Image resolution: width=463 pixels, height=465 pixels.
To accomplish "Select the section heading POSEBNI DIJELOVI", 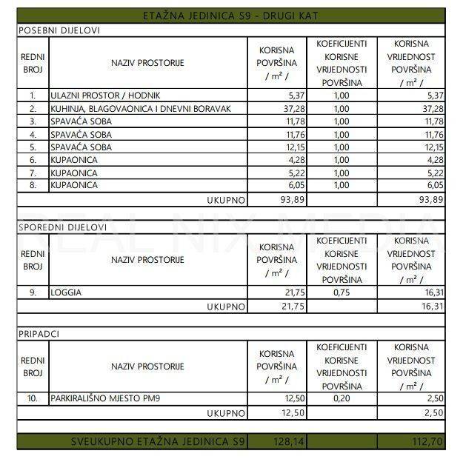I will tap(59, 30).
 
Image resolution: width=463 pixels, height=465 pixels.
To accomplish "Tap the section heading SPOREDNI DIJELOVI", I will tap(62, 227).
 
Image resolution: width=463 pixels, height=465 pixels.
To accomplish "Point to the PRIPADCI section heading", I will tap(39, 334).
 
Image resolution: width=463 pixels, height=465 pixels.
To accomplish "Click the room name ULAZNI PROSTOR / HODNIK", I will tap(105, 96).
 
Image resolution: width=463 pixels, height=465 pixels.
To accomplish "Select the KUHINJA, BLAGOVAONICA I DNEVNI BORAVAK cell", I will tap(141, 109).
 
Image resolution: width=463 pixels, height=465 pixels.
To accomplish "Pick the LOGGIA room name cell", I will tap(66, 292).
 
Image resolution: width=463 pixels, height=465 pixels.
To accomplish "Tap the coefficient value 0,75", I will tap(342, 292).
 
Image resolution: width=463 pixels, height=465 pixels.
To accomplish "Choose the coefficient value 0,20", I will tap(342, 399).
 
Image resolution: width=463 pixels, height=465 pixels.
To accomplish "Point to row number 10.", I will tap(33, 399).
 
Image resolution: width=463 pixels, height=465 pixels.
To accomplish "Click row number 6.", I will tap(33, 159).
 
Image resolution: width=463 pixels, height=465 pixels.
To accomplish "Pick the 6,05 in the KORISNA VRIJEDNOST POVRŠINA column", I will tap(433, 184).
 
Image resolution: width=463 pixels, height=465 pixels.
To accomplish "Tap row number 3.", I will tap(33, 121).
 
